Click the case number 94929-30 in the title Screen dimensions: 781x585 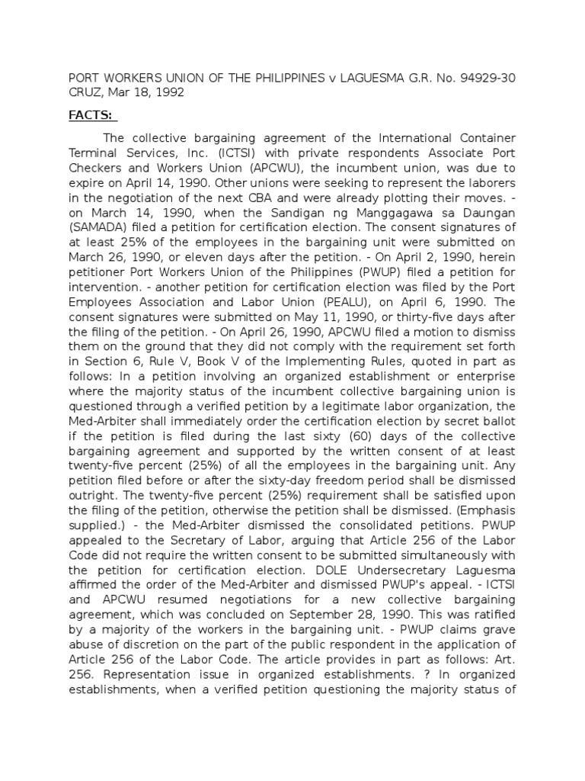coord(481,78)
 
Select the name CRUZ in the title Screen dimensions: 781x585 coord(86,92)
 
